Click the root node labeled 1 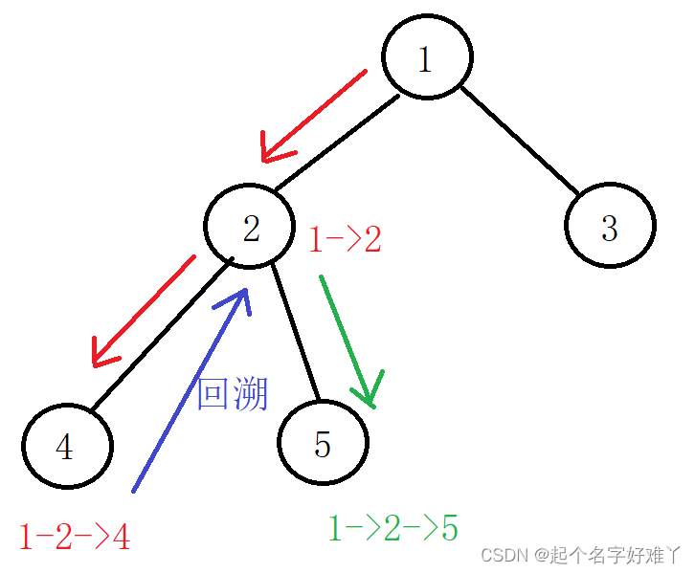pos(427,58)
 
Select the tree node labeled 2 pos(250,227)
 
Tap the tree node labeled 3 pos(610,227)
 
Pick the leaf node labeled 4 pos(66,447)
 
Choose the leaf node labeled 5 pos(323,443)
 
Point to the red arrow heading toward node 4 pos(144,309)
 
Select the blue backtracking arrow pos(190,392)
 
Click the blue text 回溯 pos(232,393)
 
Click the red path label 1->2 pos(345,239)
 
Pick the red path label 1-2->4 pos(74,538)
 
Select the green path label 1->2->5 pos(392,528)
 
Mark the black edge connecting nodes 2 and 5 pos(294,330)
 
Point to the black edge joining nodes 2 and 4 pos(163,335)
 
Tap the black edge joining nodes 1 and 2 pos(335,142)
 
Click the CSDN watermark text pos(580,555)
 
